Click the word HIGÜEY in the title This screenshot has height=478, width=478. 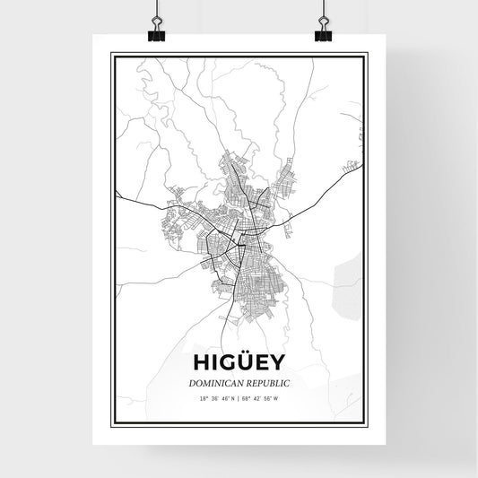pyautogui.click(x=238, y=362)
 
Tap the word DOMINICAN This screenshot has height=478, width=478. pyautogui.click(x=214, y=382)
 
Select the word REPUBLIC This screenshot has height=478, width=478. pyautogui.click(x=266, y=382)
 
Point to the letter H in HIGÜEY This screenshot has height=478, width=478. pyautogui.click(x=199, y=362)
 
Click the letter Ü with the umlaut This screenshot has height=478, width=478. pyautogui.click(x=244, y=361)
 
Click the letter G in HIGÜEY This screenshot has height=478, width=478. pyautogui.click(x=225, y=362)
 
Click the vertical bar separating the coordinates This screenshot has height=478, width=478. pyautogui.click(x=239, y=398)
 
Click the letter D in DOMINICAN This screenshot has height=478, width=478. pyautogui.click(x=192, y=382)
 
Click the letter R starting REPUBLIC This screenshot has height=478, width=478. pyautogui.click(x=248, y=382)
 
